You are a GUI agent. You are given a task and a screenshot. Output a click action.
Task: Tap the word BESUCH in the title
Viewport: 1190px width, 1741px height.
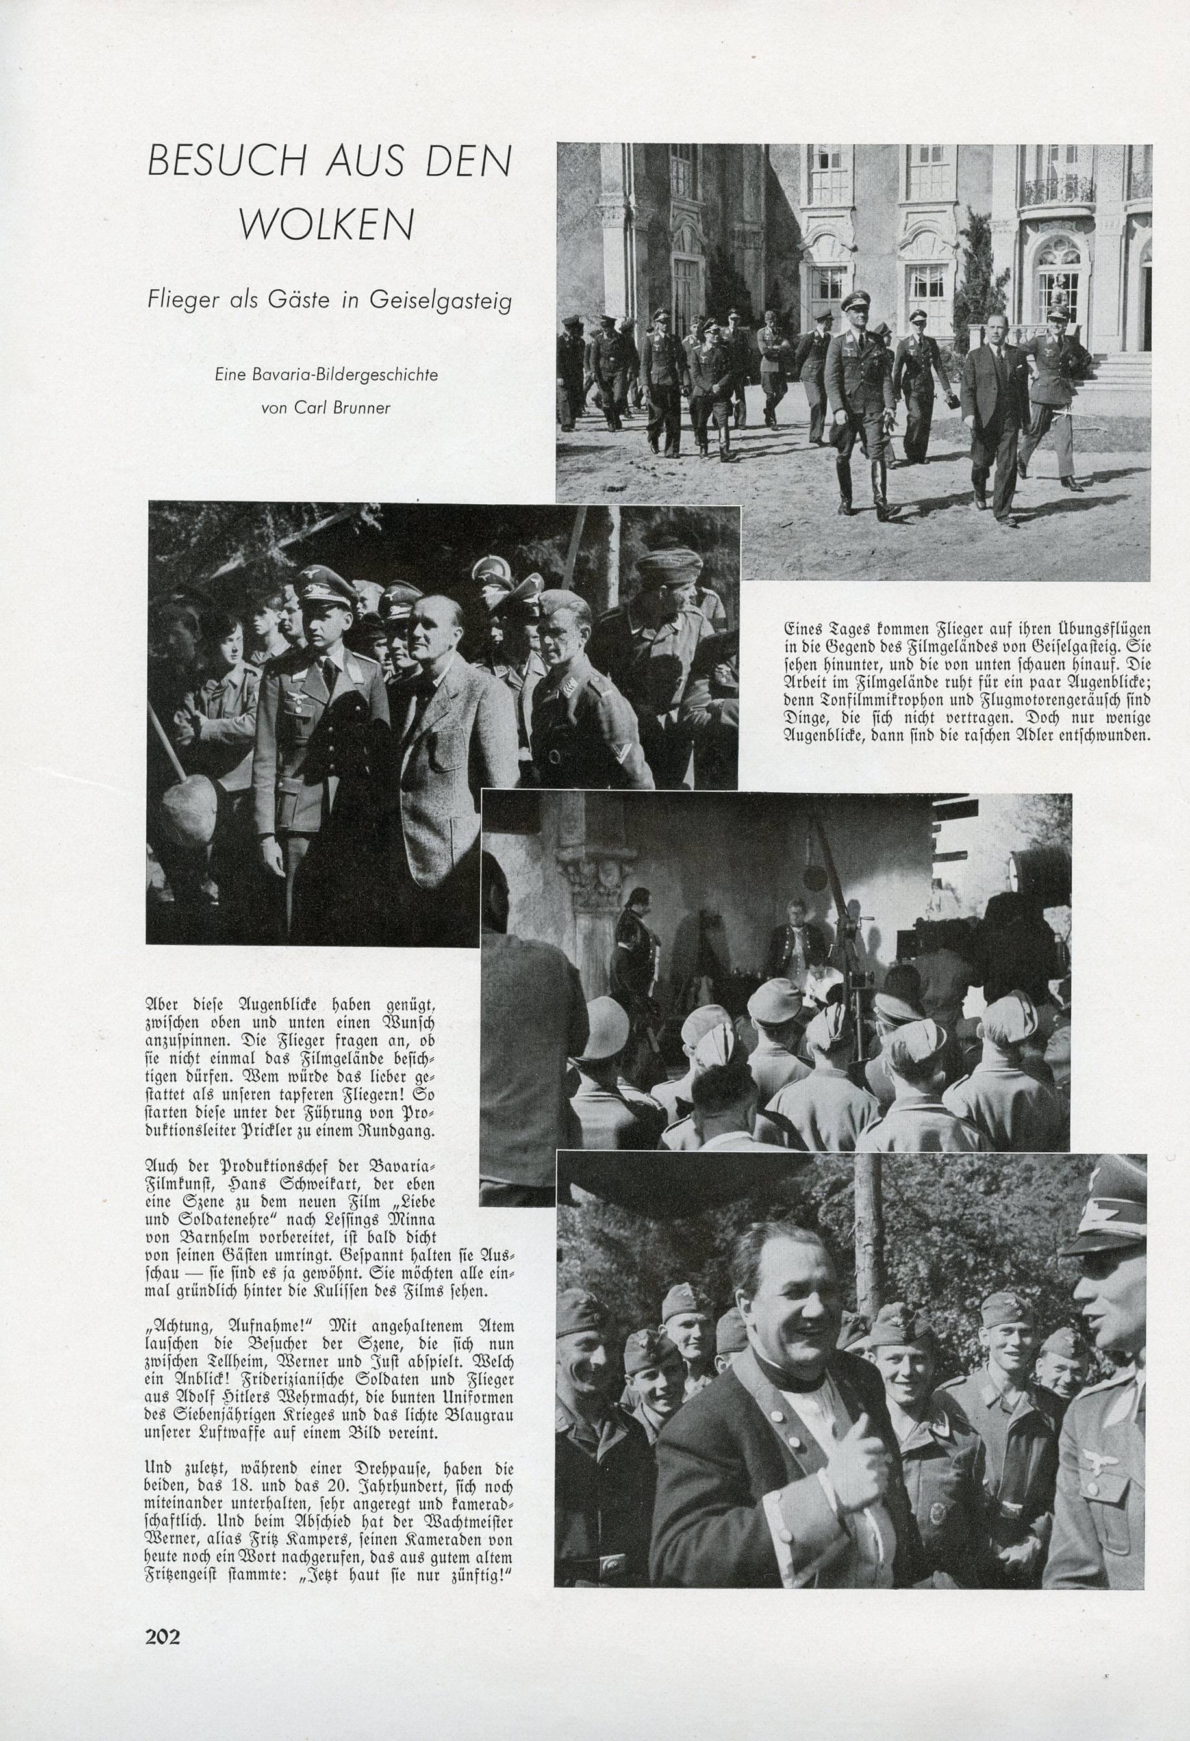coord(207,161)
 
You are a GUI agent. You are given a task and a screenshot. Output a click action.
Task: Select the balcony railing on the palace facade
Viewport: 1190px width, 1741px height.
coord(1056,191)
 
